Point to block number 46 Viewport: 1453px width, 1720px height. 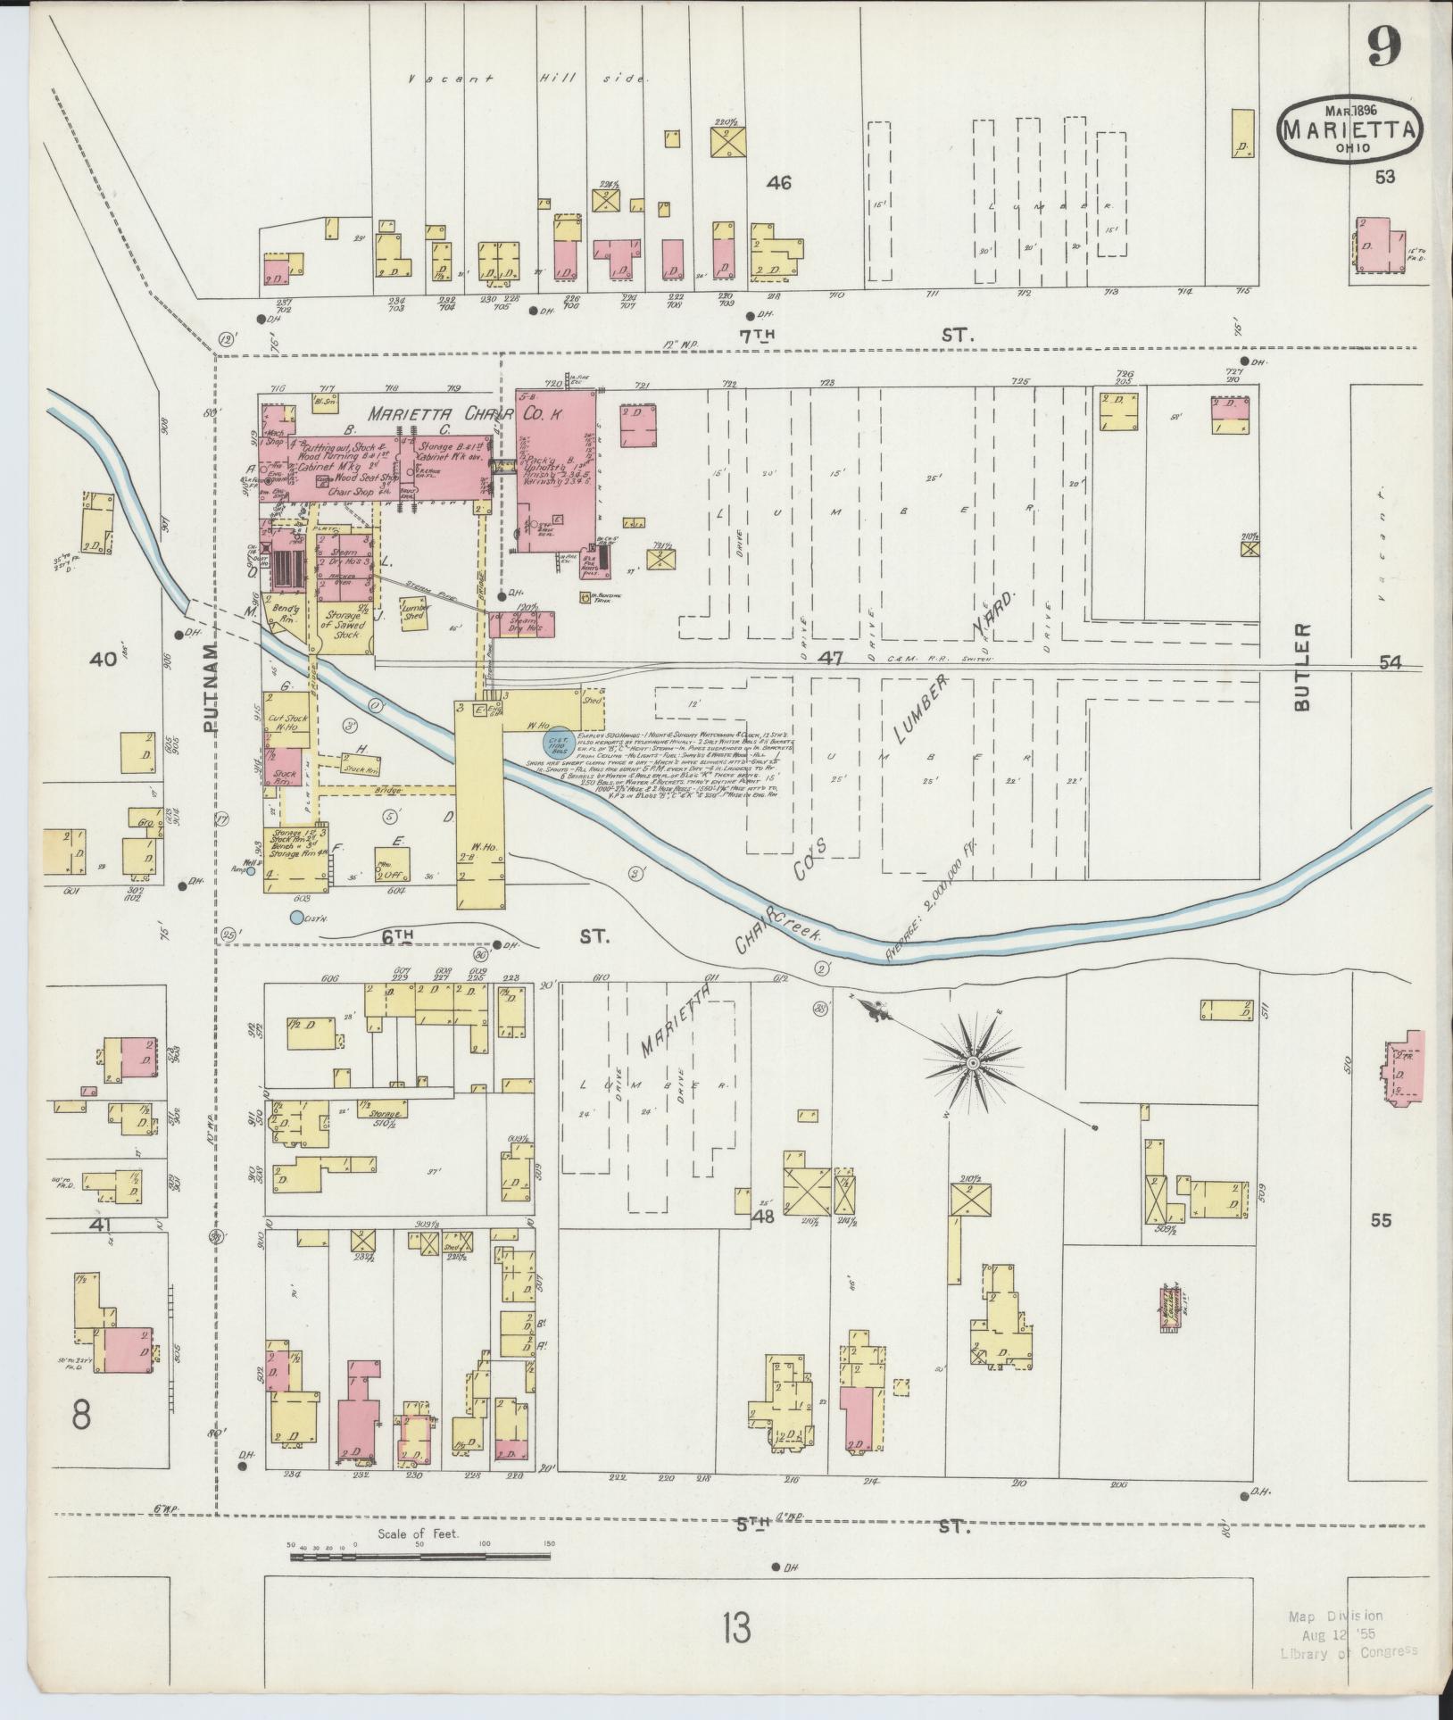(779, 183)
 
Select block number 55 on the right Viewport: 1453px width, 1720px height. (1381, 1220)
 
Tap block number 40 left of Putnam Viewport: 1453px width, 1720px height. (103, 660)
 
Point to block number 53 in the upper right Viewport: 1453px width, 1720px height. (1384, 177)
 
